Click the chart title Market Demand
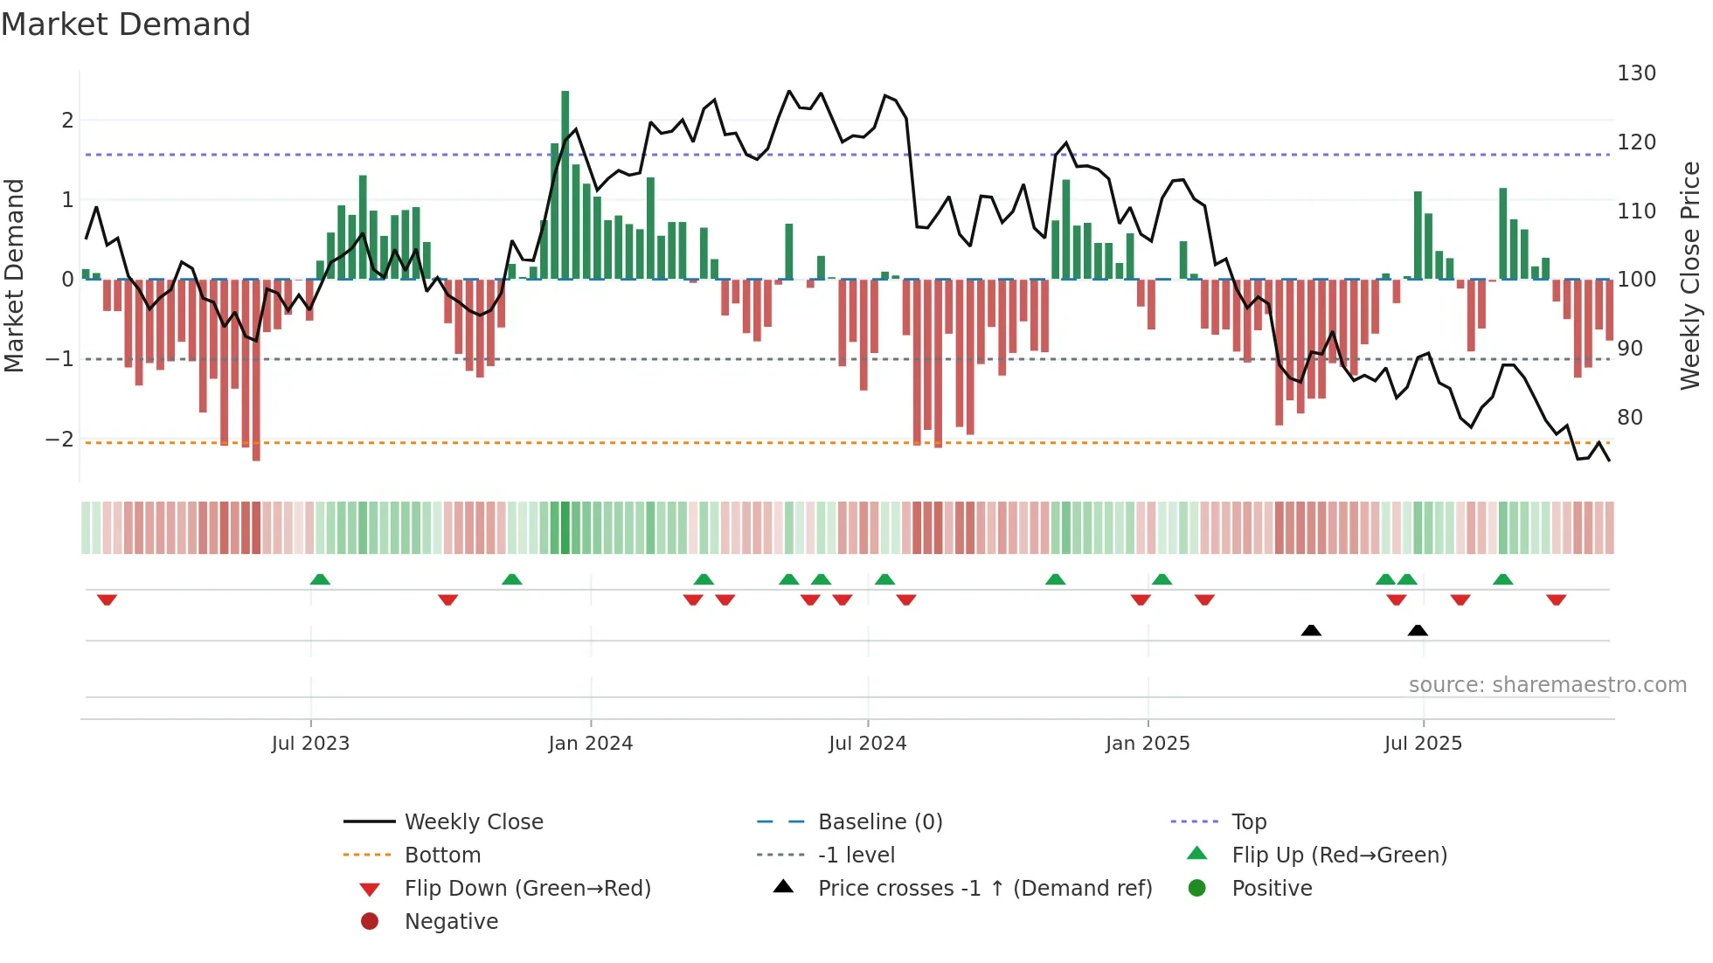[x=126, y=24]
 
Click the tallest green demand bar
[x=565, y=184]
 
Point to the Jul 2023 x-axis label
[x=310, y=744]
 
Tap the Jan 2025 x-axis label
[x=1148, y=744]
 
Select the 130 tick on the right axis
[x=1636, y=73]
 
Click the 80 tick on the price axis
[x=1630, y=418]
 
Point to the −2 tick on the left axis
[x=60, y=440]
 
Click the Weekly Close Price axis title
[x=1690, y=275]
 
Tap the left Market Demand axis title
[x=15, y=275]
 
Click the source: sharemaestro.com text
[x=1547, y=685]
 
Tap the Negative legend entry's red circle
[x=370, y=922]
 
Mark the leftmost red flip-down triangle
[x=107, y=599]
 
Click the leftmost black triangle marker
[x=1311, y=630]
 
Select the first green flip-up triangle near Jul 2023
[x=320, y=579]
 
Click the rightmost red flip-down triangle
[x=1556, y=599]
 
